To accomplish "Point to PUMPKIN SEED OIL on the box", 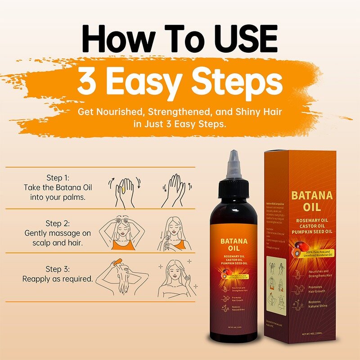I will coord(312,233).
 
